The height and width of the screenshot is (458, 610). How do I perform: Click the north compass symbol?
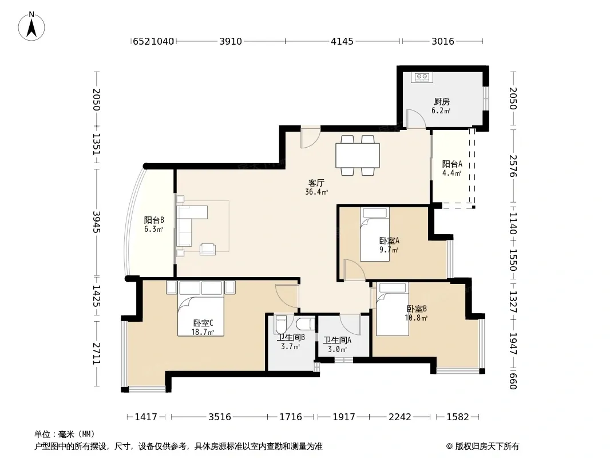click(x=31, y=26)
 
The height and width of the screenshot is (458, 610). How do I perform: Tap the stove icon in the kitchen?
click(x=422, y=77)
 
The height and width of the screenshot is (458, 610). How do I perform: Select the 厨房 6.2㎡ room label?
click(x=441, y=106)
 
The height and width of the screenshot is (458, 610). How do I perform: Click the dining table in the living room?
click(x=358, y=155)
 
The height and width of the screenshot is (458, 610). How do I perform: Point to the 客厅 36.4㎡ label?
click(x=316, y=187)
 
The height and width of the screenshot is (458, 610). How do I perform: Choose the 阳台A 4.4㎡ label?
click(x=451, y=168)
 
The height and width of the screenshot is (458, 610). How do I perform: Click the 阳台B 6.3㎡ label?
click(x=154, y=224)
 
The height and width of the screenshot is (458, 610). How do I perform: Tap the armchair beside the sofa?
click(x=208, y=249)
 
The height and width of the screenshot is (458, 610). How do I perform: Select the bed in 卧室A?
click(x=375, y=234)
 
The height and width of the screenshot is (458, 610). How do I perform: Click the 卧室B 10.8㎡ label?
click(x=416, y=313)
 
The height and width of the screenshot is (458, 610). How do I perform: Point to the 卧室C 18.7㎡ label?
click(x=203, y=327)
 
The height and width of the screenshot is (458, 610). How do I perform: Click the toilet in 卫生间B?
click(x=280, y=325)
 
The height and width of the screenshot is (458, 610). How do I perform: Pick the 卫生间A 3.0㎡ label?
click(x=337, y=345)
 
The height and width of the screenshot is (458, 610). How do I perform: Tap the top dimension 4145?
click(x=342, y=41)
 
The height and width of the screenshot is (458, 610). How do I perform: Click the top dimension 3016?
click(x=443, y=41)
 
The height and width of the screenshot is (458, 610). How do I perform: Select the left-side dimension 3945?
click(x=97, y=222)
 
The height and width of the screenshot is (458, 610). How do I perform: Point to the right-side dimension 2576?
click(x=513, y=166)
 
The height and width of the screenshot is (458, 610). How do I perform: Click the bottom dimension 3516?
click(x=220, y=417)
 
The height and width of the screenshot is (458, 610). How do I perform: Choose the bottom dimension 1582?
click(x=458, y=417)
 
